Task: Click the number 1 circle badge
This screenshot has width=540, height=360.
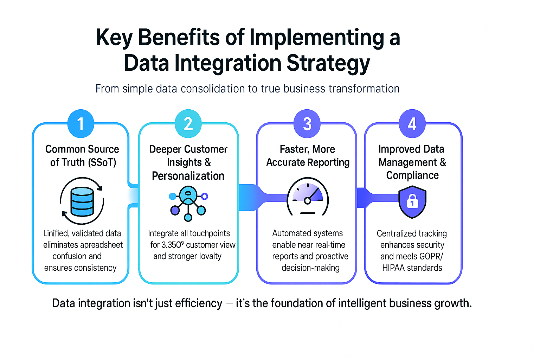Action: (81, 124)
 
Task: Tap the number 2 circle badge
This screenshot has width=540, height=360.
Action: (188, 124)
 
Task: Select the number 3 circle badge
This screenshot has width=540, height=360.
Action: (307, 124)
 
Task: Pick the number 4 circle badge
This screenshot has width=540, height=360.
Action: (412, 124)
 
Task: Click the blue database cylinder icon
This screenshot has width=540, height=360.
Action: (82, 201)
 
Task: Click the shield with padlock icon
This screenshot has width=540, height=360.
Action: (412, 202)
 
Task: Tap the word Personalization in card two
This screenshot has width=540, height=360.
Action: (188, 176)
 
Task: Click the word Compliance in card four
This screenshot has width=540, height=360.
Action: (412, 175)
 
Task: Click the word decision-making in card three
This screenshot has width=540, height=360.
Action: (310, 268)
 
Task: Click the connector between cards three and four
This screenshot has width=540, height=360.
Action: (361, 198)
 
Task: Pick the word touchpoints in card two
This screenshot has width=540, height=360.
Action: (210, 233)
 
